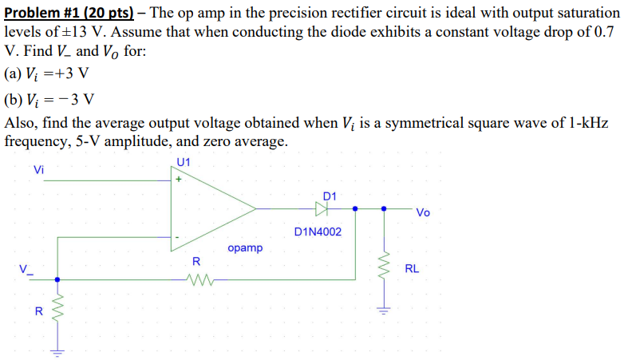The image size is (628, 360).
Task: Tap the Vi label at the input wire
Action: (39, 169)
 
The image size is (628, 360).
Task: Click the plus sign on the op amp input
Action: (179, 180)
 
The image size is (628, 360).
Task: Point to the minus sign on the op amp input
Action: (179, 237)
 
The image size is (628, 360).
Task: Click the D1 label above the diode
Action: (330, 196)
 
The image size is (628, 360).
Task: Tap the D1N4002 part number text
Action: (318, 232)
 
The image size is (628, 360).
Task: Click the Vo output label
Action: (423, 212)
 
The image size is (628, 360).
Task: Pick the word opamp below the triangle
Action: (244, 248)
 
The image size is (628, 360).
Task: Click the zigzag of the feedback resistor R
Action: (196, 279)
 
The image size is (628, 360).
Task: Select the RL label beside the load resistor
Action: (412, 268)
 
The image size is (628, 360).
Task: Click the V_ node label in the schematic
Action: (28, 268)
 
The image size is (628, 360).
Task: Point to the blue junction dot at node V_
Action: (56, 279)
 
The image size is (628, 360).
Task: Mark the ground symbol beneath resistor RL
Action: (385, 311)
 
